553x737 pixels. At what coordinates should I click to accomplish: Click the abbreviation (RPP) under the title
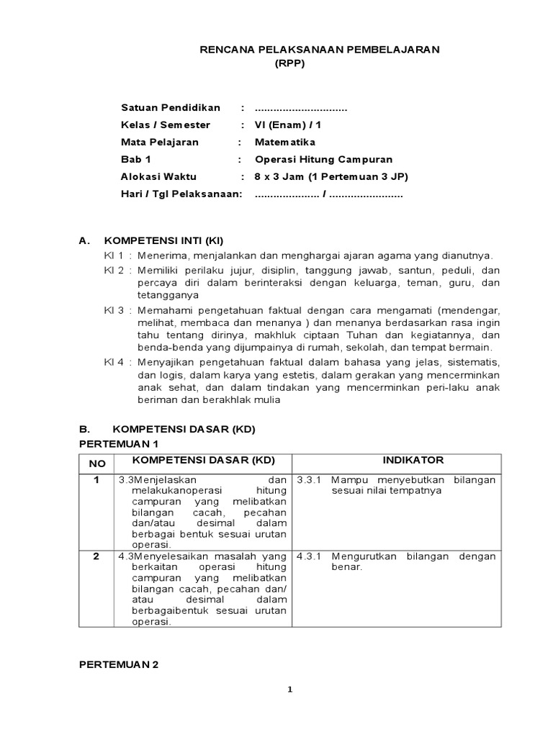click(x=290, y=63)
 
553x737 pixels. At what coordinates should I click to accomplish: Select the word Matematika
click(x=285, y=142)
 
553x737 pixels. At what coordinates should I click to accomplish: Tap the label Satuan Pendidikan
click(x=171, y=107)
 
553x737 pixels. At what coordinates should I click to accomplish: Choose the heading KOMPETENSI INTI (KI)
click(x=169, y=240)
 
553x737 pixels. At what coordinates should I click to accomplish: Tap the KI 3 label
click(x=114, y=310)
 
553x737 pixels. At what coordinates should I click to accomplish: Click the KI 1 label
click(x=114, y=256)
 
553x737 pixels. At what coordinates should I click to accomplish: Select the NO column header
click(x=97, y=464)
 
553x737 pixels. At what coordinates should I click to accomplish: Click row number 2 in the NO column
click(x=96, y=556)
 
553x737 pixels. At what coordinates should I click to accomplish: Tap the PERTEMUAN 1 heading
click(x=118, y=443)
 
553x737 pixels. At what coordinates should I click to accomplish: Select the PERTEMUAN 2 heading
click(x=118, y=665)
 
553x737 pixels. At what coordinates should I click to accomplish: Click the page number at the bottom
click(x=290, y=689)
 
